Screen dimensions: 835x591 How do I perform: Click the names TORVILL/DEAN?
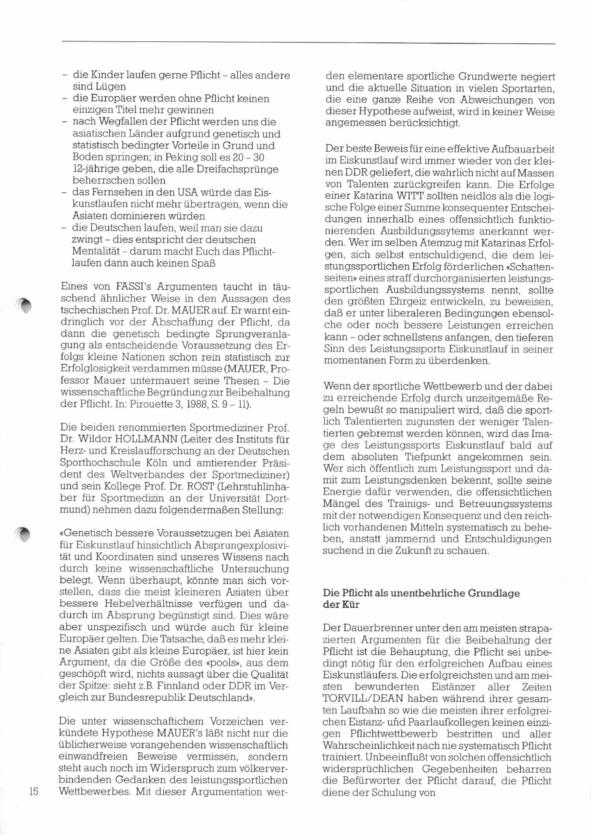[363, 699]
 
